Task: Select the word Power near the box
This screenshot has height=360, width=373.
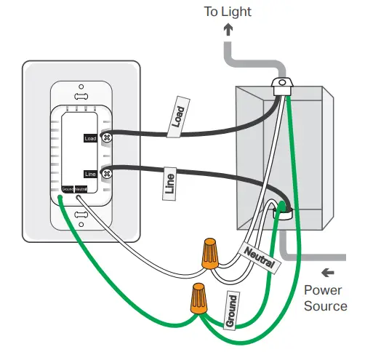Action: pos(323,290)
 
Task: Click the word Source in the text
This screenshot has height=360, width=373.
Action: pos(325,305)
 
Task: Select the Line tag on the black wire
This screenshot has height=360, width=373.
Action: pos(169,185)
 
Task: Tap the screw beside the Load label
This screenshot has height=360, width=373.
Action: pos(108,137)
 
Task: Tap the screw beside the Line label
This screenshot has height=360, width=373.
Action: pos(107,173)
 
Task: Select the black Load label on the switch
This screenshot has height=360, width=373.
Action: pos(90,137)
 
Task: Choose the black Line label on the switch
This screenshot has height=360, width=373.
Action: pos(90,174)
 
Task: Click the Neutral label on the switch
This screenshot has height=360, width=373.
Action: pos(81,188)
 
